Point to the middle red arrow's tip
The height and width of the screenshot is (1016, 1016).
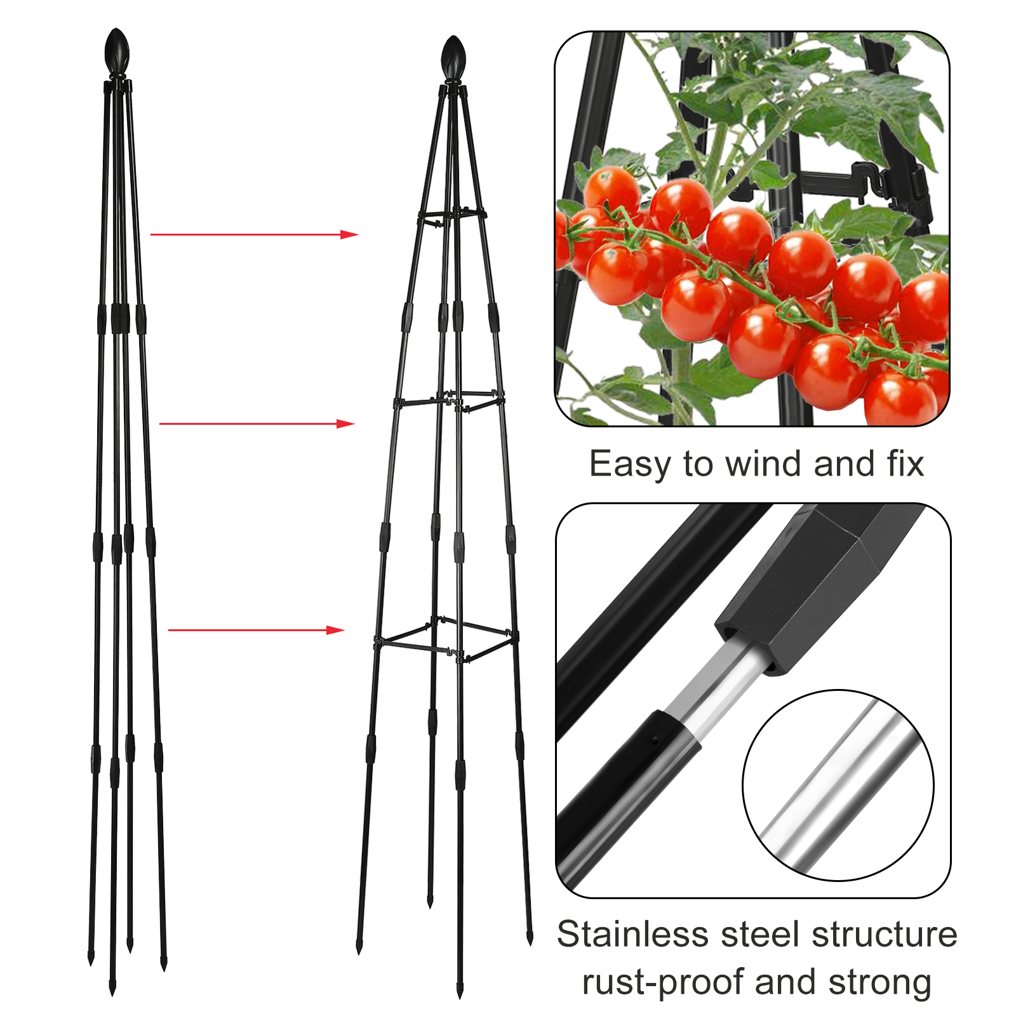pyautogui.click(x=354, y=424)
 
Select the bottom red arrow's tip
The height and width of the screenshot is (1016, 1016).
pyautogui.click(x=344, y=630)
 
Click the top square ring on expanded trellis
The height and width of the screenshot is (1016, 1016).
pyautogui.click(x=452, y=217)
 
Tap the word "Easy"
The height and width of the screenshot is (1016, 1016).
pyautogui.click(x=629, y=465)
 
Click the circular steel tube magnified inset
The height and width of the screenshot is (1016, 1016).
pyautogui.click(x=838, y=785)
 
